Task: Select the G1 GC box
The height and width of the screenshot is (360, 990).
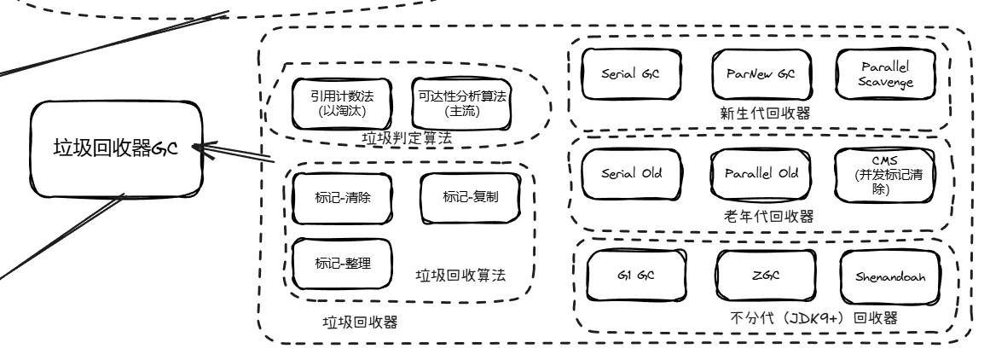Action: (634, 277)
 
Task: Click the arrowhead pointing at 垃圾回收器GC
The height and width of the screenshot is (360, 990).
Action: (198, 149)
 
